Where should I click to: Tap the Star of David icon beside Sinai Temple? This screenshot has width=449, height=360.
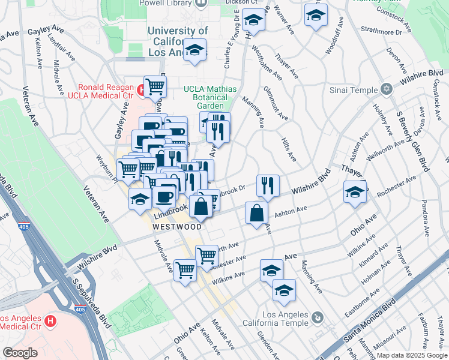click(x=387, y=89)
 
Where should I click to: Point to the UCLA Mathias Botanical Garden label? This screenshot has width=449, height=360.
click(x=210, y=97)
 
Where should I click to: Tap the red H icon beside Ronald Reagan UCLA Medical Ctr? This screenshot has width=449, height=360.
click(x=141, y=91)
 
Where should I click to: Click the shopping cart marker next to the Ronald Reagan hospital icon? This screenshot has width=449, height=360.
click(x=155, y=87)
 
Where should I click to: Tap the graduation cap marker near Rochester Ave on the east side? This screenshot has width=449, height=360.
click(x=355, y=192)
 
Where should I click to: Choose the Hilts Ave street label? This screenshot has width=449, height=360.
click(x=288, y=148)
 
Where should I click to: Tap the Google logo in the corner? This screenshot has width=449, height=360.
click(x=20, y=353)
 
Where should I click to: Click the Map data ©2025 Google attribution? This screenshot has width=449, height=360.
click(x=412, y=355)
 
